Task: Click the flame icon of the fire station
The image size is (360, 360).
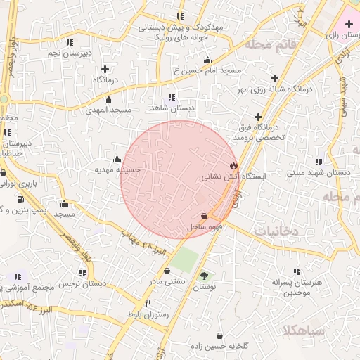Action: pyautogui.click(x=233, y=165)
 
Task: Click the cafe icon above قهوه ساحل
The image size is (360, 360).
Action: pyautogui.click(x=204, y=217)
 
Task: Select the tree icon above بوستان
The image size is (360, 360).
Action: pyautogui.click(x=204, y=276)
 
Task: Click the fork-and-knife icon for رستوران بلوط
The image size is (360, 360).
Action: pyautogui.click(x=148, y=303)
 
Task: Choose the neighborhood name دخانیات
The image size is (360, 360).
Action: pyautogui.click(x=276, y=231)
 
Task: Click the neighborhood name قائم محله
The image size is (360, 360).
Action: pyautogui.click(x=268, y=45)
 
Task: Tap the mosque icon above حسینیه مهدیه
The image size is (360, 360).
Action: pyautogui.click(x=117, y=159)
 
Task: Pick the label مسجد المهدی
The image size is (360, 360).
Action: pyautogui.click(x=109, y=110)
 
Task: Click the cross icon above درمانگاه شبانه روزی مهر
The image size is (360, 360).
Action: pyautogui.click(x=274, y=78)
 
